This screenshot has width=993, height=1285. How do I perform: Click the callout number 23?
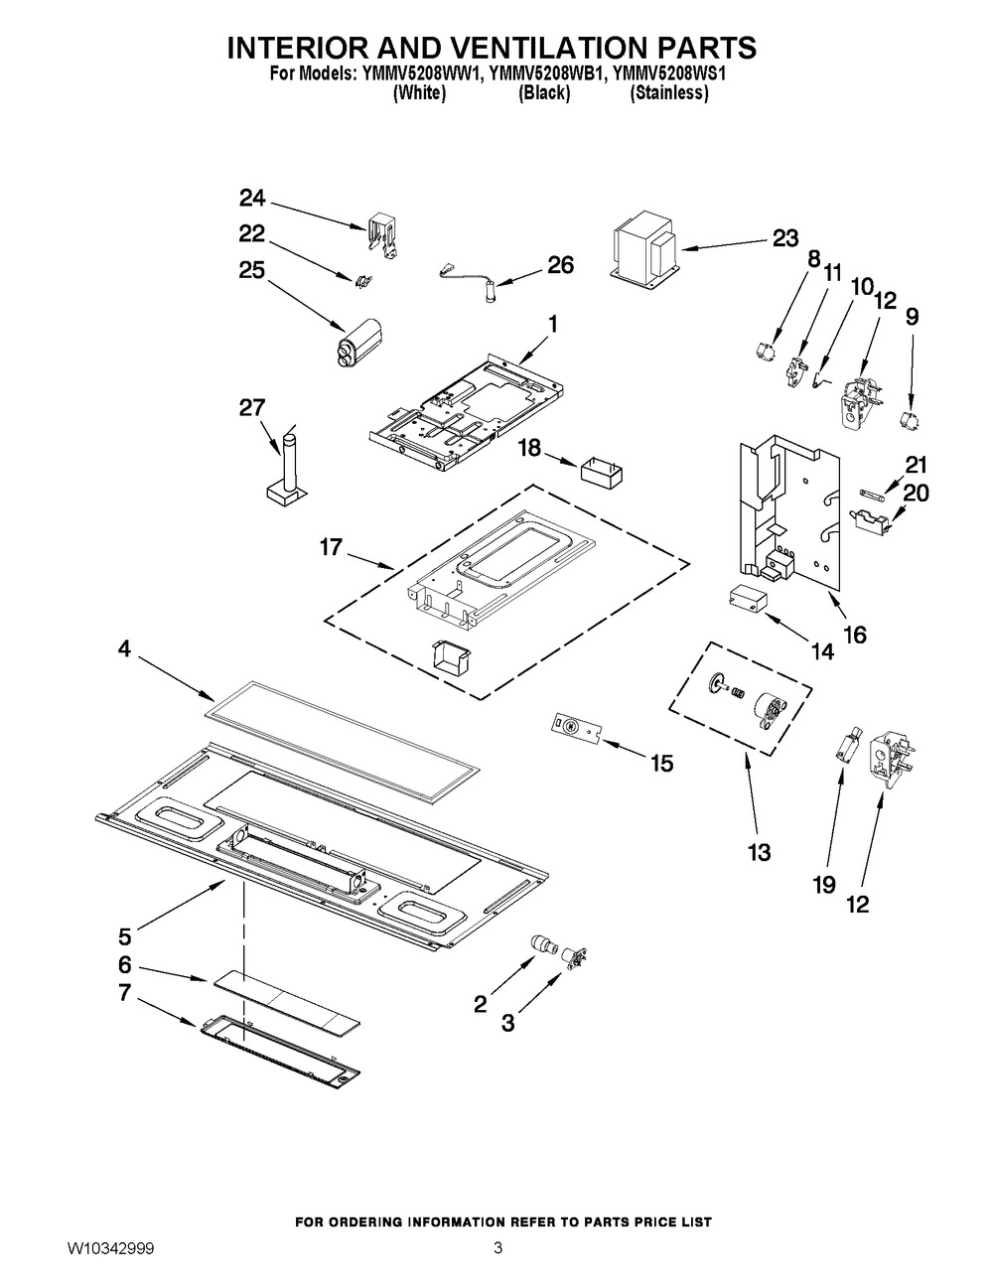(x=784, y=238)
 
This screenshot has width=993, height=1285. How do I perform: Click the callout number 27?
(x=252, y=406)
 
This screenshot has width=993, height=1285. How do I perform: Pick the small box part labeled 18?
(x=602, y=468)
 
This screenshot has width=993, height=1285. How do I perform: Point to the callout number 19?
(x=824, y=884)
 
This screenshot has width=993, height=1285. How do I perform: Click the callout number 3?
(x=508, y=1023)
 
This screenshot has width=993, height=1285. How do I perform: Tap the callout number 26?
(x=560, y=265)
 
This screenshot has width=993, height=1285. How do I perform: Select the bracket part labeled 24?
(x=381, y=237)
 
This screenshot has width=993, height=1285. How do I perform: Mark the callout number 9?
(x=912, y=317)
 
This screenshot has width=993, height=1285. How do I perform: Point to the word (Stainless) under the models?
(x=668, y=93)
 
